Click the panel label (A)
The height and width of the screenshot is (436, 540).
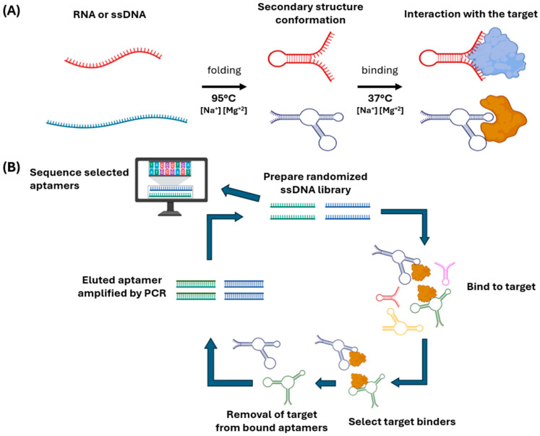pyautogui.click(x=12, y=12)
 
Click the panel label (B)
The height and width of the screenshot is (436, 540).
pyautogui.click(x=12, y=167)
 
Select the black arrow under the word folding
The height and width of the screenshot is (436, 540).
pyautogui.click(x=224, y=87)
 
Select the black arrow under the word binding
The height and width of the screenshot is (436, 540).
pyautogui.click(x=380, y=87)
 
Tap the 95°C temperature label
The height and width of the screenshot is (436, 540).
pyautogui.click(x=224, y=98)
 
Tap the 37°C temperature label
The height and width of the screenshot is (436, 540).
pyautogui.click(x=380, y=98)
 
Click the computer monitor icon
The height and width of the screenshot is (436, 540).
pyautogui.click(x=171, y=187)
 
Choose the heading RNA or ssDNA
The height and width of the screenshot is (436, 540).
pyautogui.click(x=109, y=14)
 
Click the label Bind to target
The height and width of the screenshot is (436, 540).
pyautogui.click(x=501, y=286)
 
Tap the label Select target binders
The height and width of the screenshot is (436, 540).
pyautogui.click(x=402, y=422)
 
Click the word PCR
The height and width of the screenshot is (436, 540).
pyautogui.click(x=156, y=293)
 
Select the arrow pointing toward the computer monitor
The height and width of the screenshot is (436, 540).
pyautogui.click(x=241, y=193)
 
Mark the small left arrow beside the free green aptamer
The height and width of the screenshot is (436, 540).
pyautogui.click(x=325, y=383)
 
